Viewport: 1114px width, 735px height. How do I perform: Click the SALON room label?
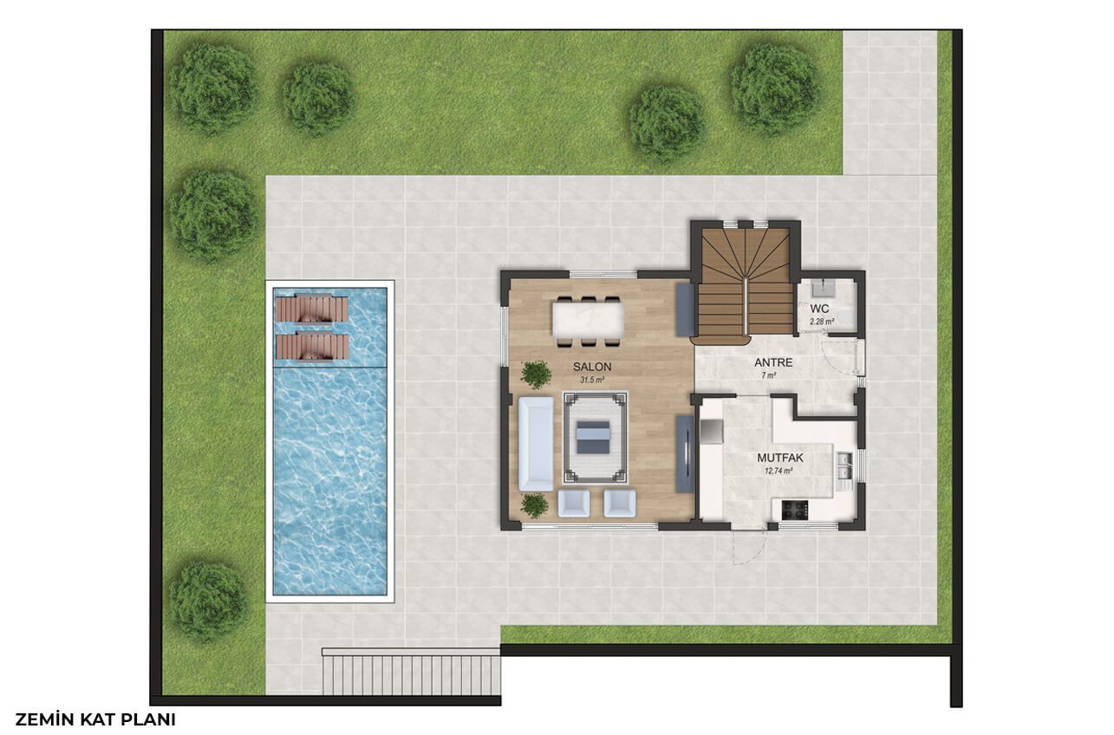[x=592, y=367]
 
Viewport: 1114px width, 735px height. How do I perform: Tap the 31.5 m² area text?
[x=592, y=380]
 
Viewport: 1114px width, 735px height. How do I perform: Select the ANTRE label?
[x=773, y=362]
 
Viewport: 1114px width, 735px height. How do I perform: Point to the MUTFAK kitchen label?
[x=780, y=458]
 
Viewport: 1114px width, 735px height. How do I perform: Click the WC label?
[x=819, y=309]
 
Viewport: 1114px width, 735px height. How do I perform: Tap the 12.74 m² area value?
[x=778, y=471]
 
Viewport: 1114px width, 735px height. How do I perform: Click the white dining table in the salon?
[x=588, y=320]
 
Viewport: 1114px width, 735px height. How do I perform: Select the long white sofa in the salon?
[x=536, y=444]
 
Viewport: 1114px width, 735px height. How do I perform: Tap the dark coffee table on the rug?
[x=593, y=437]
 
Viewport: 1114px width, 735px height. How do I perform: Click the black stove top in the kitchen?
[x=795, y=511]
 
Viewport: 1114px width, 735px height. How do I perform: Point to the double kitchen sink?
[x=844, y=466]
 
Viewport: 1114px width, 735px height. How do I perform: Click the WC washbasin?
[x=824, y=286]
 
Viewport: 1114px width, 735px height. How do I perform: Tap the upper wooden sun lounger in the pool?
[x=312, y=309]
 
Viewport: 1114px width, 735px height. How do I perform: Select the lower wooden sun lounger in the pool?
[x=312, y=346]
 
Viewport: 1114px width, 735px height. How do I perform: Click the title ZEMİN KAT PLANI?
[x=95, y=719]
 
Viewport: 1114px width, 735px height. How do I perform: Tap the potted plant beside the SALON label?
[x=536, y=374]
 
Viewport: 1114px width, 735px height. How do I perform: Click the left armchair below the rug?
[x=574, y=504]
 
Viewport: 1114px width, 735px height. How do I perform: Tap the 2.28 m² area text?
[x=822, y=322]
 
